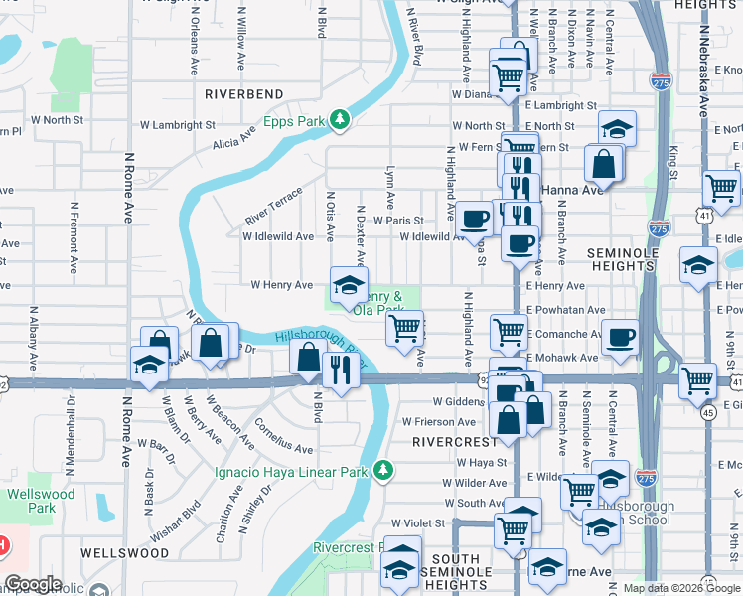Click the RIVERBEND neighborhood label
point(243,93)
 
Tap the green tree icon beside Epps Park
point(341,120)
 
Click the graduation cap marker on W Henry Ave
point(348,285)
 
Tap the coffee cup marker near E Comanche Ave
point(621,338)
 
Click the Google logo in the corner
point(32,585)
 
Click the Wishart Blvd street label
point(187,507)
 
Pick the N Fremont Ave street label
point(75,238)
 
